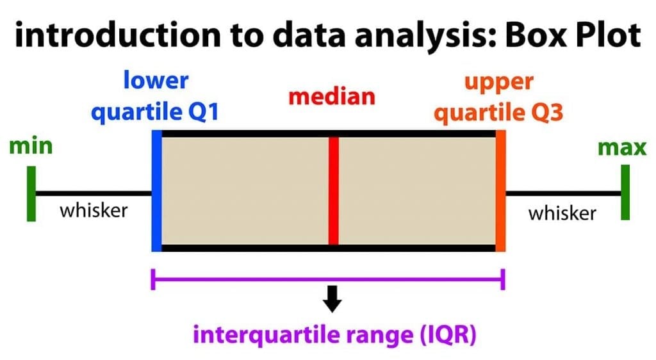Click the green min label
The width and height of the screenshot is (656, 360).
click(31, 147)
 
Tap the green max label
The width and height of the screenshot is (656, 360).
click(622, 148)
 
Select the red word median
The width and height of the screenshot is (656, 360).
click(331, 97)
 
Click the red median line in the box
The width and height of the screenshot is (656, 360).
click(333, 190)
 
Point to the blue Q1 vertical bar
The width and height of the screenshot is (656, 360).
click(156, 190)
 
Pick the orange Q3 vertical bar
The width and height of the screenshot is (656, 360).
click(500, 190)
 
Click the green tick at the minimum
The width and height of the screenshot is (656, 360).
click(31, 193)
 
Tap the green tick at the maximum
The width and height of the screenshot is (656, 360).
click(625, 192)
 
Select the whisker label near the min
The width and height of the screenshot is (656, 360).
click(94, 210)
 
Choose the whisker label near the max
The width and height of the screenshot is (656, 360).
click(562, 213)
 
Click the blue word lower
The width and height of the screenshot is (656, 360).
click(156, 81)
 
